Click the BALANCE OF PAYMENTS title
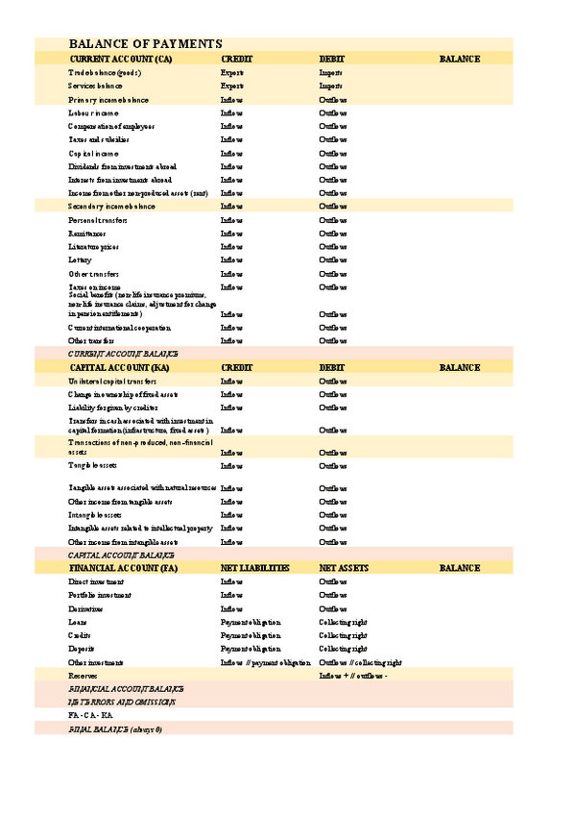(x=146, y=44)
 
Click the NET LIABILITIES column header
(x=254, y=569)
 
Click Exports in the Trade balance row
(x=232, y=73)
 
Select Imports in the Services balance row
(x=331, y=86)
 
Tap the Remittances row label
(x=88, y=234)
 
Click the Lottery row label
(x=81, y=260)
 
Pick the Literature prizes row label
(x=94, y=247)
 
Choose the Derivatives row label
(x=87, y=609)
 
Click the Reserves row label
(x=83, y=677)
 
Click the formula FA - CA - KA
(x=91, y=716)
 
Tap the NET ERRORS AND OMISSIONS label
(x=121, y=703)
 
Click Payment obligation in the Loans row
(x=251, y=623)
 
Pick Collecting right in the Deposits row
(x=343, y=650)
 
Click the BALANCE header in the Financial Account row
(x=460, y=569)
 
